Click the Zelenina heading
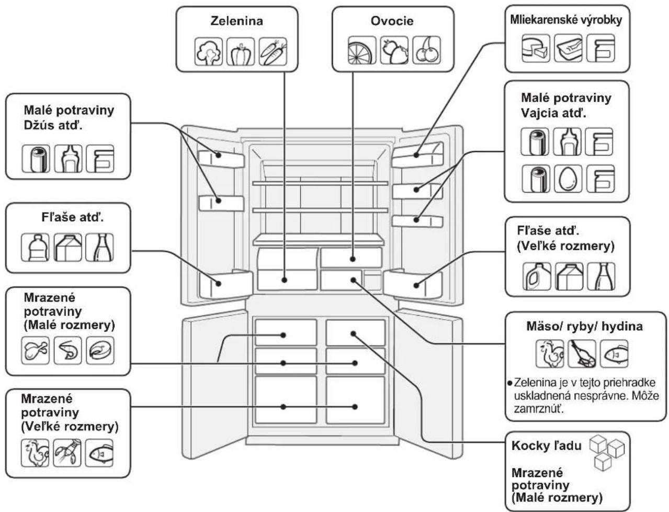pyautogui.click(x=236, y=21)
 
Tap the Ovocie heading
pyautogui.click(x=392, y=21)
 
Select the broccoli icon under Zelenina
pyautogui.click(x=209, y=51)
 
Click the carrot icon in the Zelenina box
pyautogui.click(x=273, y=51)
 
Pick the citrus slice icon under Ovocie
pyautogui.click(x=362, y=50)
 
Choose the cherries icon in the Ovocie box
pyautogui.click(x=426, y=50)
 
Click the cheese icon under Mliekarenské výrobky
pyautogui.click(x=536, y=49)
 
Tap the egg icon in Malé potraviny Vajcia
pyautogui.click(x=568, y=179)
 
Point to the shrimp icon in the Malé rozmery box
pyautogui.click(x=67, y=350)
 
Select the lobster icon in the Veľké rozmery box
pyautogui.click(x=67, y=453)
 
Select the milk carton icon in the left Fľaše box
pyautogui.click(x=67, y=247)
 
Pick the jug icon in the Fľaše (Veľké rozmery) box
pyautogui.click(x=537, y=276)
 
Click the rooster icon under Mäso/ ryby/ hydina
pyautogui.click(x=550, y=354)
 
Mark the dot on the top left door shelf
pyautogui.click(x=219, y=155)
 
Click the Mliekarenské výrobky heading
pyautogui.click(x=566, y=20)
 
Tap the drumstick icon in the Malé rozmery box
pyautogui.click(x=36, y=350)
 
